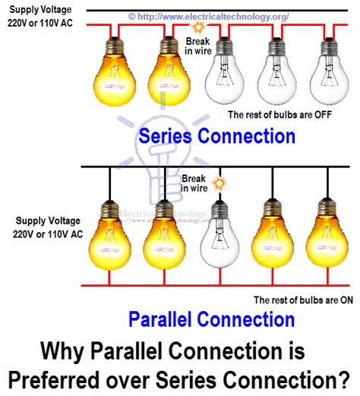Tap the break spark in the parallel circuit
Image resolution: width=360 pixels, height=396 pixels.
click(220, 184)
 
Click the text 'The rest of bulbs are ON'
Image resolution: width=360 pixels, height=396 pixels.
click(303, 300)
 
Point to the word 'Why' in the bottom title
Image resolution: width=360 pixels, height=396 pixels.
click(61, 352)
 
